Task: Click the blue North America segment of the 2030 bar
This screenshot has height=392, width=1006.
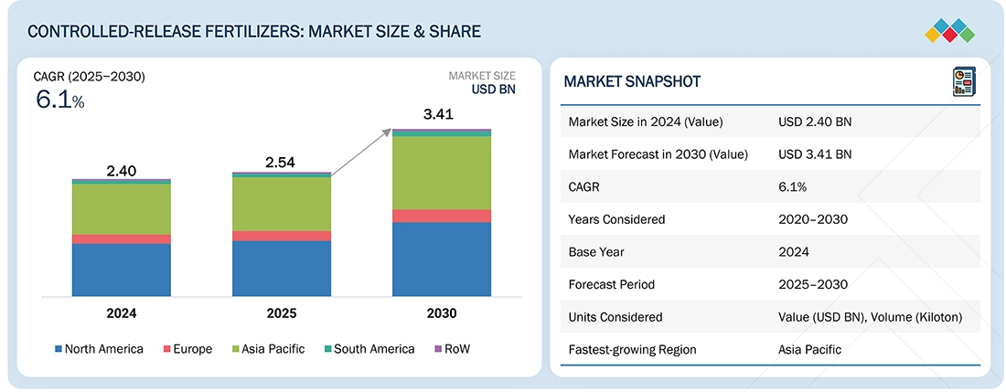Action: coord(442,260)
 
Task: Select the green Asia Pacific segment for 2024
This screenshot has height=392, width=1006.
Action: coord(122,209)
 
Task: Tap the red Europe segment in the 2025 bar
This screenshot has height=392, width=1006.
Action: coord(282,236)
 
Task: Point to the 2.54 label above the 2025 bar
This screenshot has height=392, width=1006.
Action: coord(281,163)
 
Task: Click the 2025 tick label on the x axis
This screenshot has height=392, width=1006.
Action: coord(282,313)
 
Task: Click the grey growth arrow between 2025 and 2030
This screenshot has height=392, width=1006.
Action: coord(361,151)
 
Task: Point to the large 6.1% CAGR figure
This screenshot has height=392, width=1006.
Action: coord(60,101)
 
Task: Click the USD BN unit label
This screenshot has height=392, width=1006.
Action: coord(493,89)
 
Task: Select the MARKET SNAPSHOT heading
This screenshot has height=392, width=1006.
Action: coord(632,81)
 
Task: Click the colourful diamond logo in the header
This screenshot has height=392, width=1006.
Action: coord(950,31)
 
